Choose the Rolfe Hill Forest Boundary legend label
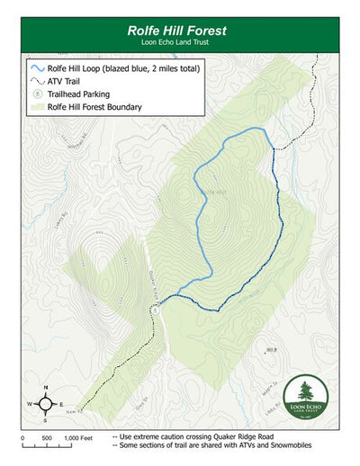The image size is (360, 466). [94, 107]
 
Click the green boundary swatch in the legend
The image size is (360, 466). [36, 107]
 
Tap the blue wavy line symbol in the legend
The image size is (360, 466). [36, 68]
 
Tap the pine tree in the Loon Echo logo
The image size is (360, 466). [304, 392]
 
